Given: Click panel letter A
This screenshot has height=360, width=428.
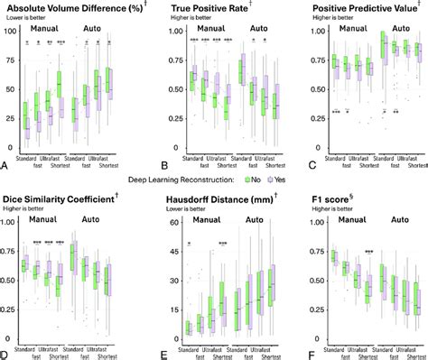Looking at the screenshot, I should click(5, 166).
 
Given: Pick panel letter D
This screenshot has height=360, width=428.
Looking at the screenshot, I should click(5, 354).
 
